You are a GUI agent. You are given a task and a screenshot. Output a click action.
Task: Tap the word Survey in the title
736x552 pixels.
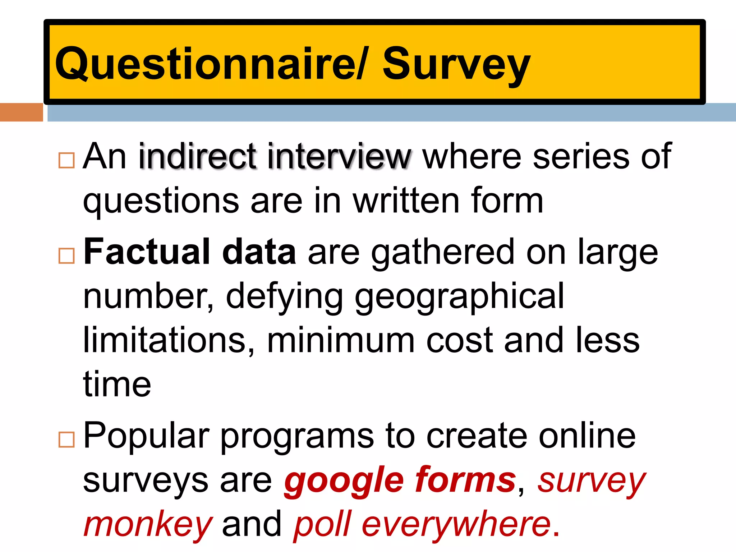(456, 65)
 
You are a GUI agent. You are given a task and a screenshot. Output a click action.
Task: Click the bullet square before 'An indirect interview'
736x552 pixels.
(66, 160)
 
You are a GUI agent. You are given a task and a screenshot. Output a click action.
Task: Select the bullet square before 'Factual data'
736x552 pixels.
(66, 256)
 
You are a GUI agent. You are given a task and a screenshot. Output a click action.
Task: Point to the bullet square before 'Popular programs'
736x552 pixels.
(66, 440)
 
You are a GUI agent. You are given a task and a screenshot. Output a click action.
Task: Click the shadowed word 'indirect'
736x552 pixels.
(197, 156)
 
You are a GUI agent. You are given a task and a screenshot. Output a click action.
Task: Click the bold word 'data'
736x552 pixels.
(259, 252)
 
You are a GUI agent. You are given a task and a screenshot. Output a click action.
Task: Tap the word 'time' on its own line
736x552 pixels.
(117, 385)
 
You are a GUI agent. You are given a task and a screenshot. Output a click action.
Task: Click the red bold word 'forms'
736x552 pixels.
(465, 480)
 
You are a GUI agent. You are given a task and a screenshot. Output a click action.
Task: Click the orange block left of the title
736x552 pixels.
(21, 112)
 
